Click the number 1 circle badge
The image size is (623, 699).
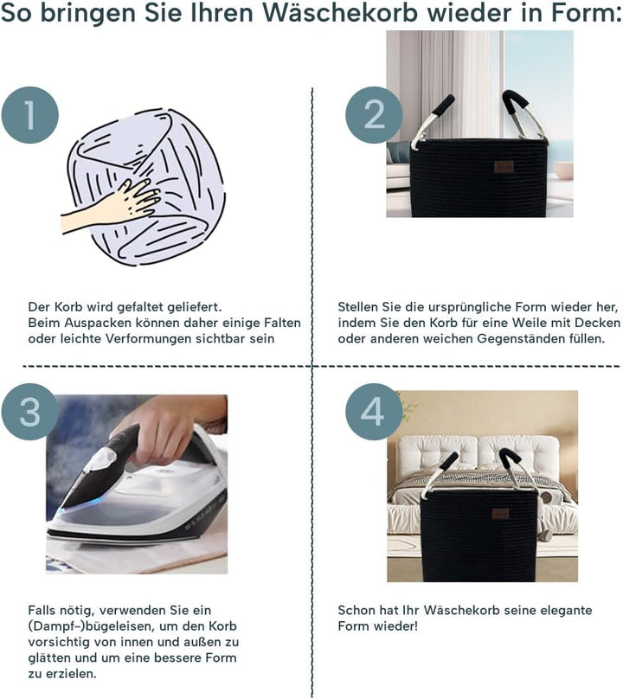(30, 115)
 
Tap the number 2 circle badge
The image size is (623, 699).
(374, 115)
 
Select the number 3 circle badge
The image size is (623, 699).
(30, 412)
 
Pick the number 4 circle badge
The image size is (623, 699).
(374, 412)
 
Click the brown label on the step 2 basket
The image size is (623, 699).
(504, 167)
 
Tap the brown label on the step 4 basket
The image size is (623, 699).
(500, 514)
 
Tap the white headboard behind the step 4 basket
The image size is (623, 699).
(477, 455)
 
